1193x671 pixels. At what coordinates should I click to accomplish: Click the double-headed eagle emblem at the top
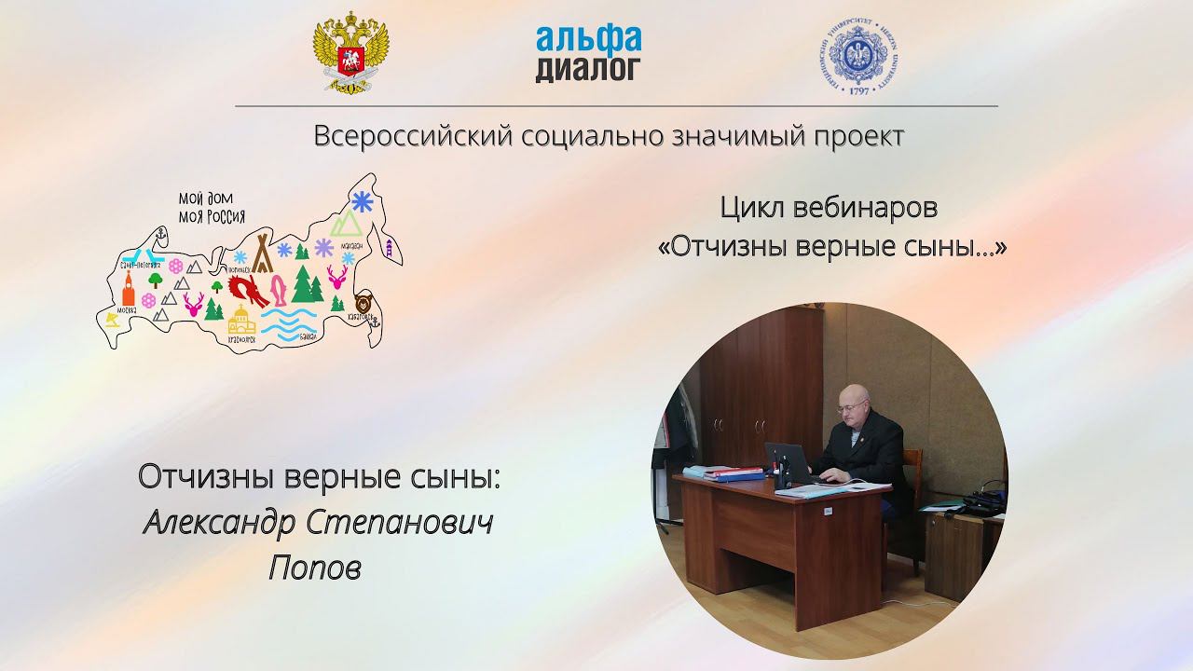click(x=350, y=52)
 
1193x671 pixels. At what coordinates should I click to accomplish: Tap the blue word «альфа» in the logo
click(x=588, y=38)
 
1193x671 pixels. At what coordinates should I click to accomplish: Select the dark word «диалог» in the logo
click(x=588, y=68)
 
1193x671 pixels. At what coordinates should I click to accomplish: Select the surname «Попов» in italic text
click(x=315, y=567)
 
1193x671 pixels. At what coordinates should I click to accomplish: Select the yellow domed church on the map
click(x=241, y=321)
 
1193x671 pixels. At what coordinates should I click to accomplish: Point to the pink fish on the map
click(x=277, y=290)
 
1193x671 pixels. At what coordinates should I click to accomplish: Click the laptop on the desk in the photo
click(x=788, y=464)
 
